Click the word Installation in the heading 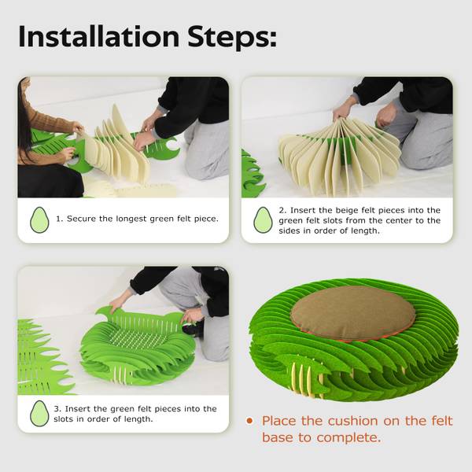coord(99,36)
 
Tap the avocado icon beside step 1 coord(39,219)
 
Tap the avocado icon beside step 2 coord(263,219)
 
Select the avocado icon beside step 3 coord(39,413)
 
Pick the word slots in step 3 coord(64,419)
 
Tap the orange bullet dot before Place coord(249,421)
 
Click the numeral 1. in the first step coord(59,219)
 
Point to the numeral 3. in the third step coord(57,409)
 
